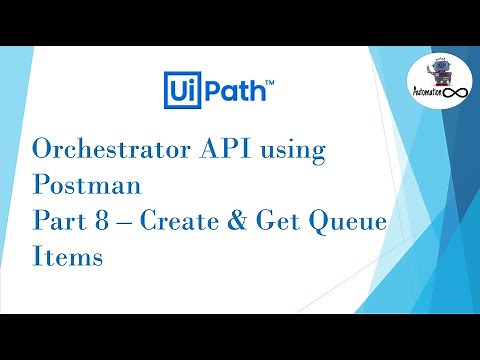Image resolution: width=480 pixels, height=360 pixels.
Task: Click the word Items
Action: pyautogui.click(x=68, y=256)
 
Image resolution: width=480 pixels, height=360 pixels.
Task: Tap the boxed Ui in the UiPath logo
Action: pyautogui.click(x=179, y=89)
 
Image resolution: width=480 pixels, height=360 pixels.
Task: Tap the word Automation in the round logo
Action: pyautogui.click(x=430, y=95)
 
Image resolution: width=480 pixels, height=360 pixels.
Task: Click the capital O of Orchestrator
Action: pyautogui.click(x=45, y=150)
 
